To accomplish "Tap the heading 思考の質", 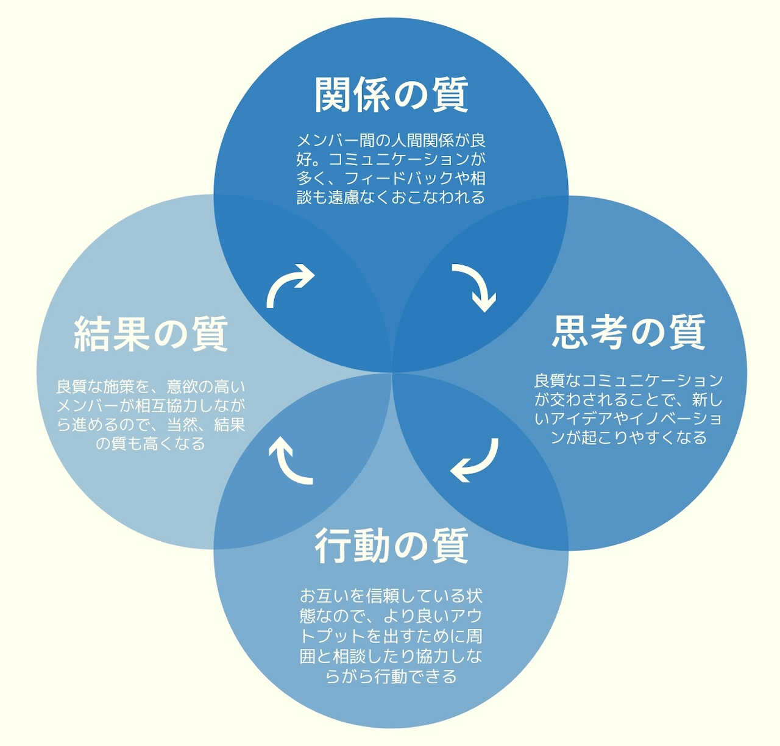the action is [x=628, y=332].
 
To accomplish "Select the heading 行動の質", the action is [x=391, y=545].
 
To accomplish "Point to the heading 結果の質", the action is [x=151, y=334].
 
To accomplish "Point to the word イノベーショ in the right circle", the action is [x=675, y=418].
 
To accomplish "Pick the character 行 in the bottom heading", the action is [x=333, y=545].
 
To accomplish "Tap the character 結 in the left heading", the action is [x=93, y=334].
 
